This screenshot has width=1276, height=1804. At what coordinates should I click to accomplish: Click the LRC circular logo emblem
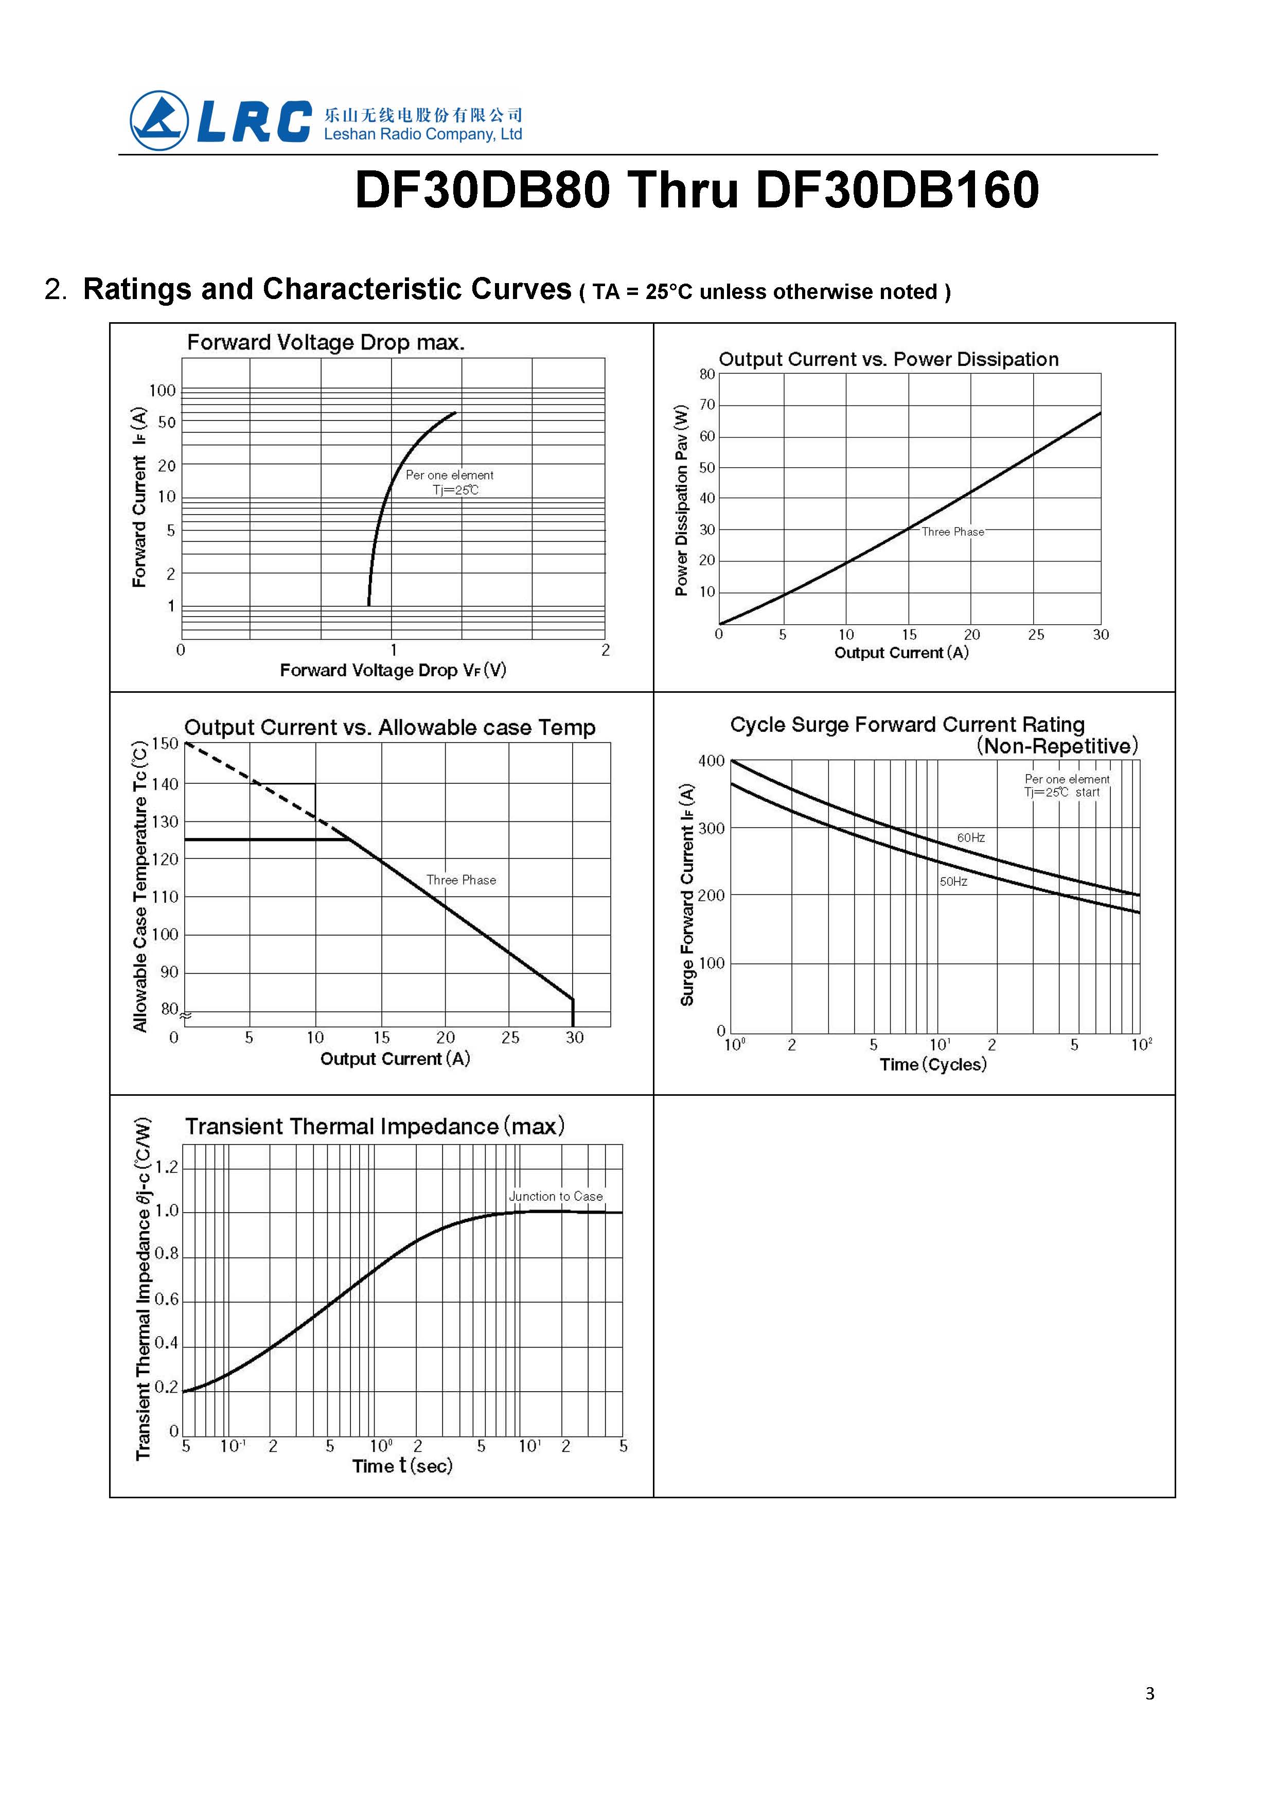coord(159,121)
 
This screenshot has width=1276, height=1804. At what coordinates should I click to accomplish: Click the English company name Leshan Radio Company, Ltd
coord(423,134)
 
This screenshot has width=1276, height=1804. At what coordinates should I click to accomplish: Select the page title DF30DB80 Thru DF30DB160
coord(697,190)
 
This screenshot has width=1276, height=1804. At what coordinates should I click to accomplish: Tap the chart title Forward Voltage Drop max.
coord(325,343)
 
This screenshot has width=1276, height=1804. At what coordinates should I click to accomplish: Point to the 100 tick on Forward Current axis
coord(163,391)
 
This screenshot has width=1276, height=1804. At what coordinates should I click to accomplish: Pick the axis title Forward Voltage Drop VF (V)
coord(393,670)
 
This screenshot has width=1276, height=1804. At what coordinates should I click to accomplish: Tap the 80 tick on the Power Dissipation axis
coord(707,374)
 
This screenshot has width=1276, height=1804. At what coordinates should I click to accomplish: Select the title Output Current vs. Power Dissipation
coord(888,359)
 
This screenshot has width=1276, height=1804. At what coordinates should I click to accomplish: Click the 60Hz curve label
coord(970,838)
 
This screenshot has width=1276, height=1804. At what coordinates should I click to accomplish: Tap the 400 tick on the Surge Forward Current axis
coord(711,761)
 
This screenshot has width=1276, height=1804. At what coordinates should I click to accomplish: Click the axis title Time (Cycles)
coord(933,1064)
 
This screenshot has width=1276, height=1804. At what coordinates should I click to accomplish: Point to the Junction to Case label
coord(556,1196)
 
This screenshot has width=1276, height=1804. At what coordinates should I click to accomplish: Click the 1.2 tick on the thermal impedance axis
coord(167,1167)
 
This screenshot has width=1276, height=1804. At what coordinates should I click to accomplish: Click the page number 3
coord(1149,1693)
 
